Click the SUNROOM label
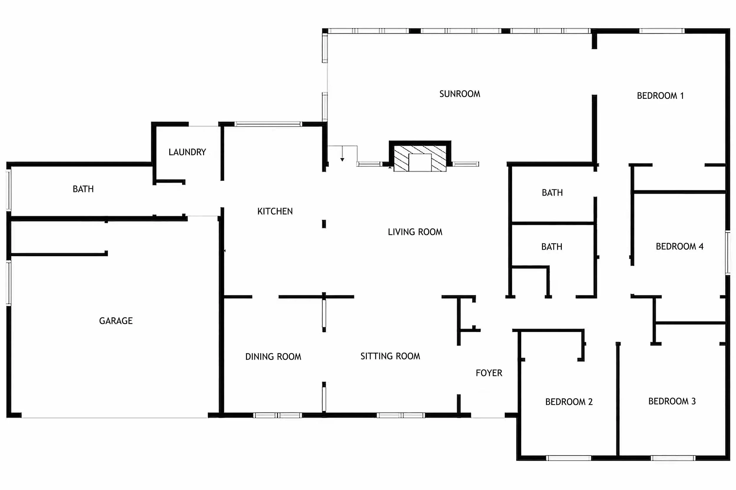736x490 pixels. pos(459,94)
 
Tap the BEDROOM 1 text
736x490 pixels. pos(660,96)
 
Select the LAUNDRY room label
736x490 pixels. pos(187,152)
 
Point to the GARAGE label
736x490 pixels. pos(116,321)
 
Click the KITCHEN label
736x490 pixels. pos(275,211)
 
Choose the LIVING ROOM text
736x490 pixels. pos(415,232)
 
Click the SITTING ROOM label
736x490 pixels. pos(390,356)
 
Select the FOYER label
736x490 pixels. pos(489,373)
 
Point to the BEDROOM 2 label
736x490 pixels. pos(569,401)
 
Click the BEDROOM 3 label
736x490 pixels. pos(672,401)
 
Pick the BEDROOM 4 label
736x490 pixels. pos(679,246)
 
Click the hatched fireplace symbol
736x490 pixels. pos(420,159)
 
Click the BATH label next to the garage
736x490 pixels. pos(83,189)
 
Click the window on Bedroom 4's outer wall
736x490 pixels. pos(727,252)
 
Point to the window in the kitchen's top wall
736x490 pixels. pos(268,124)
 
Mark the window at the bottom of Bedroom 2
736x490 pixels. pos(568,458)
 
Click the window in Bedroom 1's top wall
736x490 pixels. pos(661,31)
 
